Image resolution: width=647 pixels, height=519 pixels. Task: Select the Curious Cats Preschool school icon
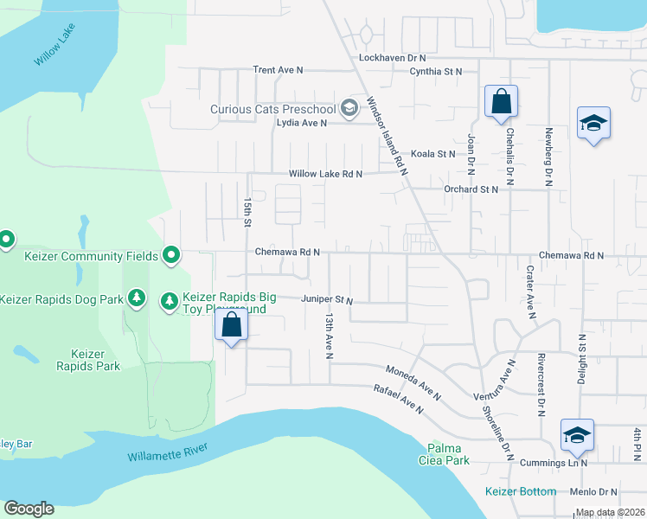349,108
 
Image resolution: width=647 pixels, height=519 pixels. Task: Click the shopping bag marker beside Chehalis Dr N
501,102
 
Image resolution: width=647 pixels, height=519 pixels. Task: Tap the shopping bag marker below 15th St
231,326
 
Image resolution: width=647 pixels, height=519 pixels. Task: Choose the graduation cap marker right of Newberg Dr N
593,124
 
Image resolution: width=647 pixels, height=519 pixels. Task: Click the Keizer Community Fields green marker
171,255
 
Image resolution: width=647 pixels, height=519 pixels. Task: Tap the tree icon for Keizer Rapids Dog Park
136,298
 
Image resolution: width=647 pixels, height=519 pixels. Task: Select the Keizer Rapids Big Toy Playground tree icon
170,299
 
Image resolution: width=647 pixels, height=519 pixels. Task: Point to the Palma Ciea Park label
448,454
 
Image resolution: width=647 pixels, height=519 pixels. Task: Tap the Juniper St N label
327,300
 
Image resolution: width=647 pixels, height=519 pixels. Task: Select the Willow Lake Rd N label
325,174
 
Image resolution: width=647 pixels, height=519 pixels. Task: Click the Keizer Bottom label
520,491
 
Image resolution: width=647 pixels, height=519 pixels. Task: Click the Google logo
29,509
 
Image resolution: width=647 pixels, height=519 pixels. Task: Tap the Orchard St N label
471,189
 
